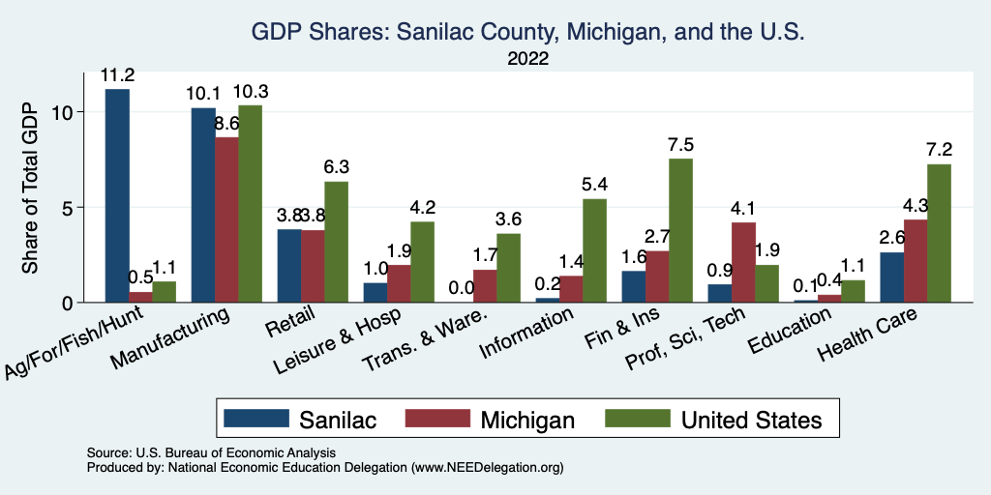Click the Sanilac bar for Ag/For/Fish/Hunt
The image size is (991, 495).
coord(117,195)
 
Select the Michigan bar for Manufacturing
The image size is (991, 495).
coord(226,219)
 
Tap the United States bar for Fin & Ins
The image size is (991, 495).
coord(680,230)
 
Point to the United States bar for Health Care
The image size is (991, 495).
coord(939,233)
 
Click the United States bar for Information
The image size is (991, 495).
coord(594,250)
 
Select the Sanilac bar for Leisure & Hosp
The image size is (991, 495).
coord(375,292)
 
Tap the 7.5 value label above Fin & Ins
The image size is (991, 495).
coord(680,146)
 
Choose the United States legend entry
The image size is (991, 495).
coord(751,419)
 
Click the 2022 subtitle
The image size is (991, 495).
coord(527,59)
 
